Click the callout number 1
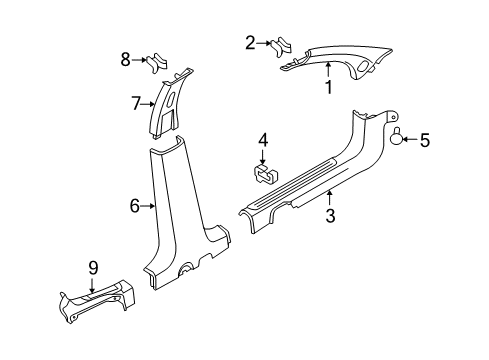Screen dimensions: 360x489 pos(327,87)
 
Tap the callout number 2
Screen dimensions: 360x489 pos(250,42)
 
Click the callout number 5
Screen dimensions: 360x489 pos(424,142)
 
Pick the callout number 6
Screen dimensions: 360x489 pos(134,206)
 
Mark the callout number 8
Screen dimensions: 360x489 pos(125,60)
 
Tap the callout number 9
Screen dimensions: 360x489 pos(92,268)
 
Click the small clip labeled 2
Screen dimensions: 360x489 pos(280,45)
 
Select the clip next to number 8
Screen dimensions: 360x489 pos(155,62)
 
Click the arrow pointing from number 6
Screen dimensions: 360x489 pos(147,206)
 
